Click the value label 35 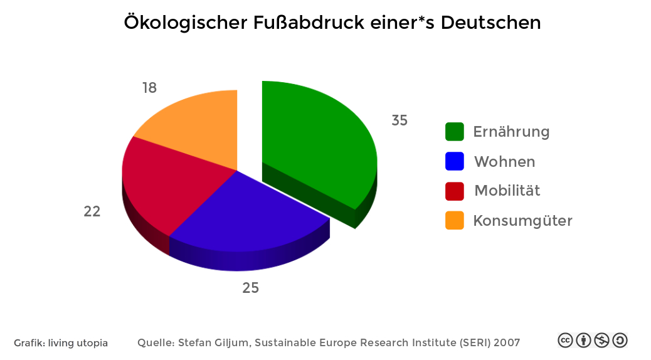400,120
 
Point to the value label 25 251,288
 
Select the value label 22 92,212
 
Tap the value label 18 149,88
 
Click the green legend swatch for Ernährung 455,132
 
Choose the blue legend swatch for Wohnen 455,161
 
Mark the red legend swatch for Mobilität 455,191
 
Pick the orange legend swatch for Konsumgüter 455,220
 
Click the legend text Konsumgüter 522,221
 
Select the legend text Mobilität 507,191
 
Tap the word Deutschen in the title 490,23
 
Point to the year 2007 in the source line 507,342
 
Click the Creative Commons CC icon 565,341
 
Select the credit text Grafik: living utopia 61,343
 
